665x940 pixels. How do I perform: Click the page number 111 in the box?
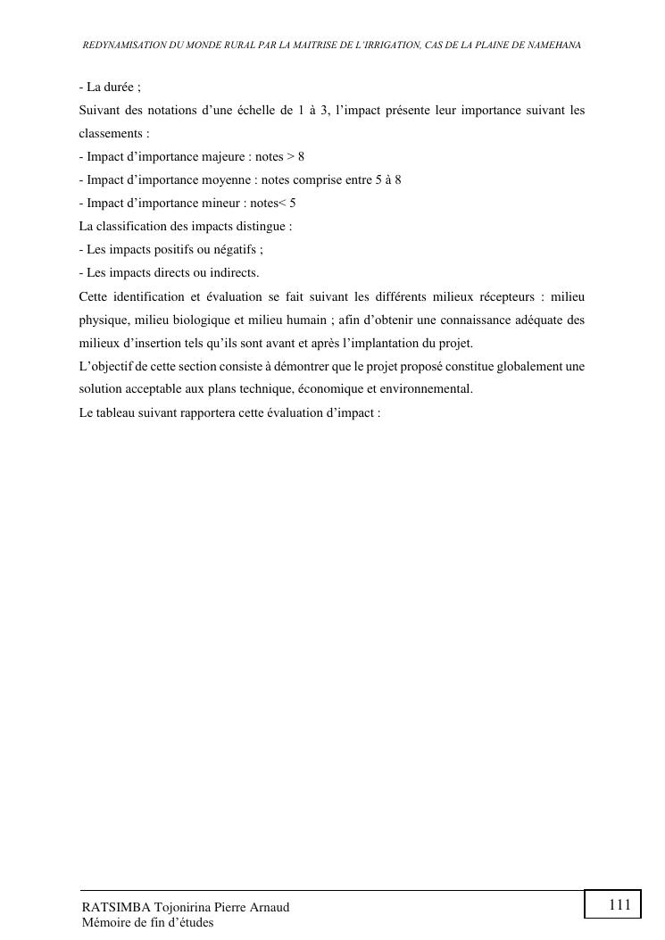[x=619, y=905]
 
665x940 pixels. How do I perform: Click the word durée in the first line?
[x=121, y=87]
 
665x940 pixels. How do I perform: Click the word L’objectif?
[x=107, y=366]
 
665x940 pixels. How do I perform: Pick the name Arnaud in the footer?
[x=269, y=907]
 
